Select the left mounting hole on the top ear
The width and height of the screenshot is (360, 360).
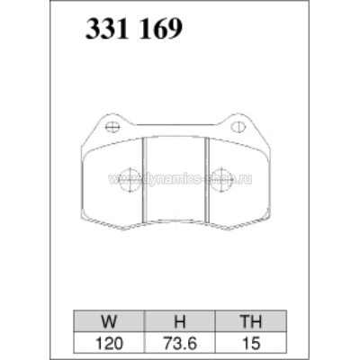click(x=112, y=127)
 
